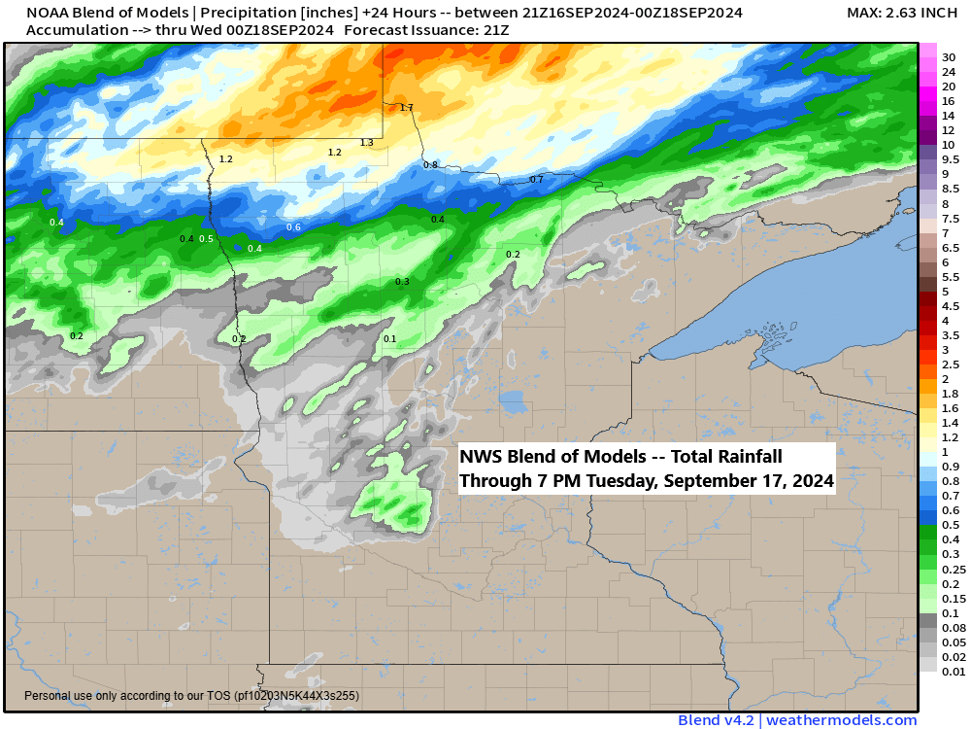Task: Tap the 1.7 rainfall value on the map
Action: pyautogui.click(x=406, y=107)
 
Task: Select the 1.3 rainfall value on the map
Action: pyautogui.click(x=366, y=143)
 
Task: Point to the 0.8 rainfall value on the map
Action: pyautogui.click(x=430, y=165)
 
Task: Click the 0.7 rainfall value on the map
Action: pyautogui.click(x=536, y=180)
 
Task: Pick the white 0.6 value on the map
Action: pyautogui.click(x=293, y=227)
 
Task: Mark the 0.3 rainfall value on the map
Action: pyautogui.click(x=402, y=282)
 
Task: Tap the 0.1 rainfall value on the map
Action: pyautogui.click(x=389, y=339)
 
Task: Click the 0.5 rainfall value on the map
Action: pyautogui.click(x=206, y=239)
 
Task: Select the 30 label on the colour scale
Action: pyautogui.click(x=949, y=56)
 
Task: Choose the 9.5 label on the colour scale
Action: pyautogui.click(x=951, y=159)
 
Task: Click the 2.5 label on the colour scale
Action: pyautogui.click(x=951, y=364)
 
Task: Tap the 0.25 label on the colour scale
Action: pyautogui.click(x=952, y=569)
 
